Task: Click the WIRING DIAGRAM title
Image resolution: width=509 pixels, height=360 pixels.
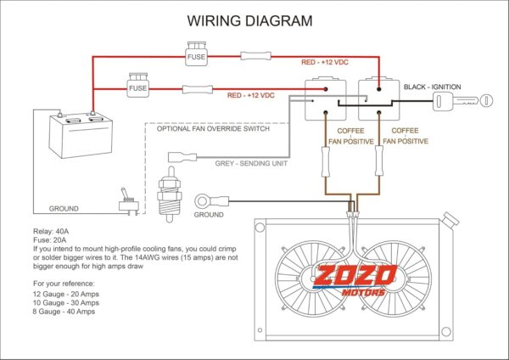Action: (249, 20)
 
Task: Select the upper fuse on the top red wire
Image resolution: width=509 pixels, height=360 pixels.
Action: (197, 53)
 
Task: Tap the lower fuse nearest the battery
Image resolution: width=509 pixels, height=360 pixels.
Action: (138, 85)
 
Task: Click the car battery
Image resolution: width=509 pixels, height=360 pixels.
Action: (81, 134)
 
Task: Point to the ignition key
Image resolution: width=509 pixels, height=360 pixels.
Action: (462, 101)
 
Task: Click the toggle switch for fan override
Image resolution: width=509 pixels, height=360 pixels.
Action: (129, 202)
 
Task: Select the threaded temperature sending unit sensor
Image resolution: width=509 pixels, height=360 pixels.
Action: (169, 194)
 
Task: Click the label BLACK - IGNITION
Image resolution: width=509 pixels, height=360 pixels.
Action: (432, 87)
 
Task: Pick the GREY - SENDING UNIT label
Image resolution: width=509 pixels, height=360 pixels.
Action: (251, 163)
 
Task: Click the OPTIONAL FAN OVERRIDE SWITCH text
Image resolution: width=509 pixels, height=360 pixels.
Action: (213, 129)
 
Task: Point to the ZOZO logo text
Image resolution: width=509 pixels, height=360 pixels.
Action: (355, 276)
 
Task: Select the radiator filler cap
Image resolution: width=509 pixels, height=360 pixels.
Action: (450, 220)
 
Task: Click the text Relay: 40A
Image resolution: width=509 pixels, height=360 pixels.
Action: (51, 232)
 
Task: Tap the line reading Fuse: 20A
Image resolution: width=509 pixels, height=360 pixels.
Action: (50, 240)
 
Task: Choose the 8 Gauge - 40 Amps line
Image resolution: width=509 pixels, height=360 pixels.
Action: (64, 312)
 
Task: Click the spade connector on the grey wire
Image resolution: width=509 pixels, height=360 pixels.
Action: (182, 157)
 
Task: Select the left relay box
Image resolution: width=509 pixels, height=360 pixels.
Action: (325, 98)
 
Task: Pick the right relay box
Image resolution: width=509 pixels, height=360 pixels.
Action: (379, 98)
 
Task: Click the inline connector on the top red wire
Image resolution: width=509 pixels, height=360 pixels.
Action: (256, 56)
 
